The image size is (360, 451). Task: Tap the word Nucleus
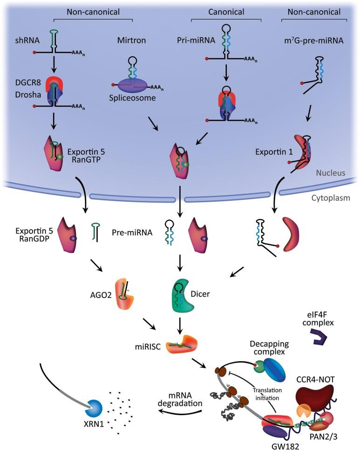tap(330, 173)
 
